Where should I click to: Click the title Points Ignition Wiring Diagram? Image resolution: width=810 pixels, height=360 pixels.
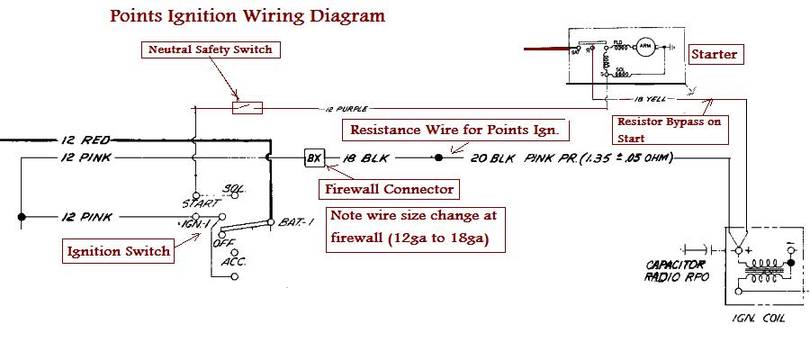click(232, 17)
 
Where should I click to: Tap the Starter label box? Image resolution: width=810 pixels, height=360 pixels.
click(715, 54)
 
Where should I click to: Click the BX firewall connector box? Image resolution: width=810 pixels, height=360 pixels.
click(313, 157)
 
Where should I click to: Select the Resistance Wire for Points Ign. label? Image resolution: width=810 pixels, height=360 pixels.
click(455, 130)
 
